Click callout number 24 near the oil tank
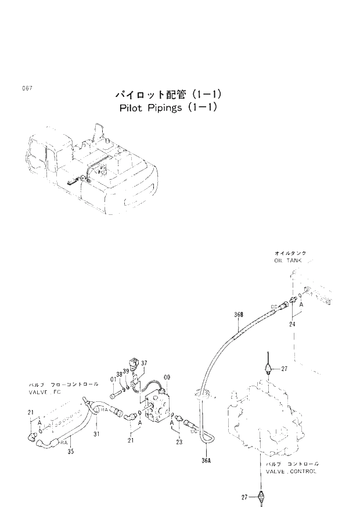[x=292, y=325]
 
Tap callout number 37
[x=144, y=363]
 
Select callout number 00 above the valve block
[x=167, y=378]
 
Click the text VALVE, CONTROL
[x=291, y=471]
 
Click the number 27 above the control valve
[x=285, y=368]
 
